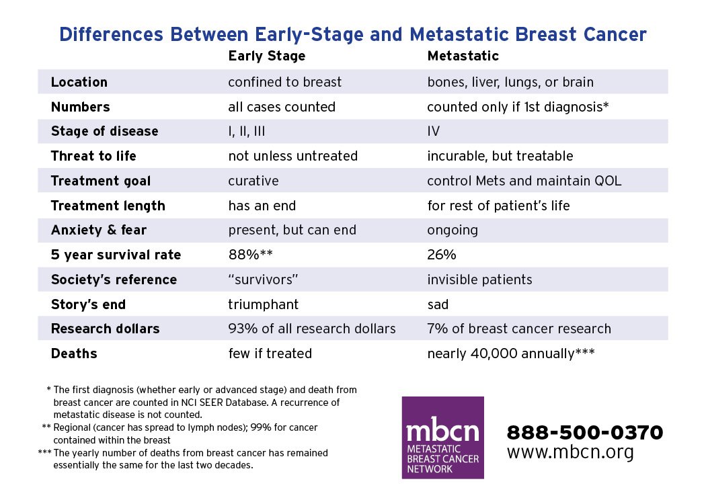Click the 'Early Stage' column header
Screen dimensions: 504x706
(x=266, y=56)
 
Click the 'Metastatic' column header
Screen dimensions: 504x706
(x=463, y=56)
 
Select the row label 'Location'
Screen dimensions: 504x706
(x=79, y=82)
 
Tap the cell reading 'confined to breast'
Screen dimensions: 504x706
(x=284, y=82)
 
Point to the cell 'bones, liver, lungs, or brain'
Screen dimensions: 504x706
(x=510, y=82)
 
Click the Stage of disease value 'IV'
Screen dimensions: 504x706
(x=434, y=131)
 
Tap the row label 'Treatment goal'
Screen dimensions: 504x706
(x=101, y=181)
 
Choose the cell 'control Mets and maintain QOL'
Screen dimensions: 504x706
(x=524, y=181)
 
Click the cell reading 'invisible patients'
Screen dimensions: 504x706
(x=479, y=280)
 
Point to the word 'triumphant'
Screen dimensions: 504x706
(x=263, y=304)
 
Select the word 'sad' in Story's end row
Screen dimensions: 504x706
(x=438, y=304)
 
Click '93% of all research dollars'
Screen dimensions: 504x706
(x=312, y=329)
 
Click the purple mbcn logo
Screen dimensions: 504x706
(x=442, y=437)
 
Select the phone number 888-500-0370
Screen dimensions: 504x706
(x=584, y=432)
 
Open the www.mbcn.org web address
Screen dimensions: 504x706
(x=570, y=452)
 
